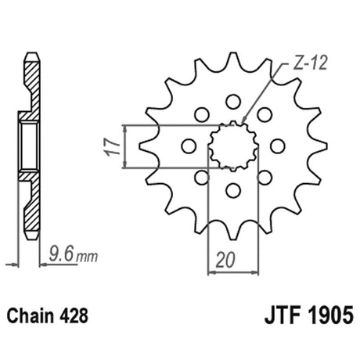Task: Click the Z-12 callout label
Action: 310,63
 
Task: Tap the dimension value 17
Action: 113,147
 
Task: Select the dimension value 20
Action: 225,260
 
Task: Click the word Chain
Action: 30,315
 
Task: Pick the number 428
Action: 73,315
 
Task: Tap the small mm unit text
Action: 87,257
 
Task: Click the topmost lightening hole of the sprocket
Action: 233,102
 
